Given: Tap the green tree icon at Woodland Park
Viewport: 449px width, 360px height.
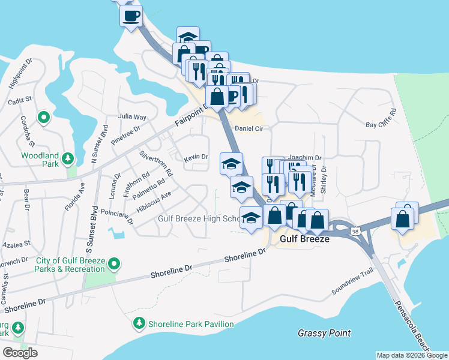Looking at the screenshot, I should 69,158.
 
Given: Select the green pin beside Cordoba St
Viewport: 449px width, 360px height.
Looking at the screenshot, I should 43,118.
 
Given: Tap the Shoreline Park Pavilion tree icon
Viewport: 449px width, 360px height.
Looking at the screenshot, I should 139,323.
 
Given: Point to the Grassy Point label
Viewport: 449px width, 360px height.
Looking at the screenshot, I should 324,333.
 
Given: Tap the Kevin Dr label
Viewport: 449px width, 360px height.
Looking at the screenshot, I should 196,157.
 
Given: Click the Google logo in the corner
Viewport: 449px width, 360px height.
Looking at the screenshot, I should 20,353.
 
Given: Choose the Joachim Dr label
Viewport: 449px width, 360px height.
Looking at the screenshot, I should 305,158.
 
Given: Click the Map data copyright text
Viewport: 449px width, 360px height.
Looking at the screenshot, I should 411,355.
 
